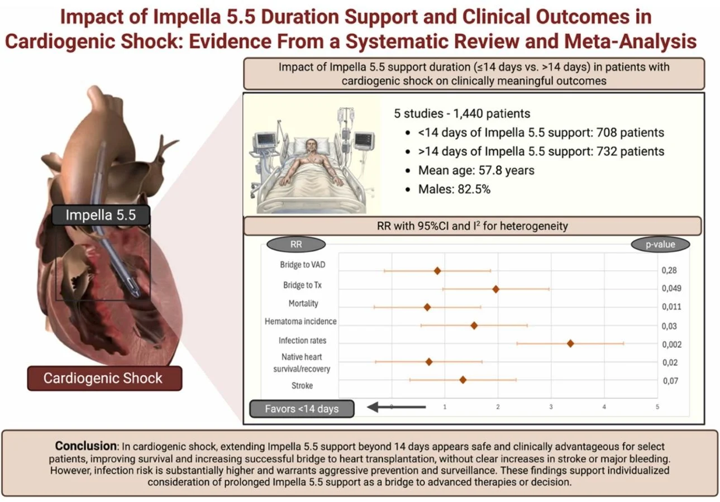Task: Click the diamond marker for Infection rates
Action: [x=570, y=343]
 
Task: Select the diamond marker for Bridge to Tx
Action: [x=495, y=289]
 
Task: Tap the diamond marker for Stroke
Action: [x=462, y=380]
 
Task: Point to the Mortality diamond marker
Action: [x=427, y=307]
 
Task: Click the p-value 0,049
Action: [x=671, y=289]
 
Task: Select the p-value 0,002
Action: [x=671, y=345]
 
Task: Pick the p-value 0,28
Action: [x=669, y=271]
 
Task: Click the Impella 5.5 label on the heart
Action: [x=101, y=215]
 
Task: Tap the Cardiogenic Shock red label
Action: [x=103, y=378]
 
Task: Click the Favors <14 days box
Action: [x=302, y=409]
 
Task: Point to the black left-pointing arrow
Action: [x=395, y=408]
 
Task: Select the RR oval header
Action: [x=296, y=245]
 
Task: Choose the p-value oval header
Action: [x=660, y=245]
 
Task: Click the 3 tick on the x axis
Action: [x=551, y=407]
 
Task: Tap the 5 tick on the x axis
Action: [x=657, y=407]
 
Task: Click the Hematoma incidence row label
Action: [x=301, y=322]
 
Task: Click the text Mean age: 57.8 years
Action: [x=476, y=170]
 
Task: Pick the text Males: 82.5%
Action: [x=454, y=189]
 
